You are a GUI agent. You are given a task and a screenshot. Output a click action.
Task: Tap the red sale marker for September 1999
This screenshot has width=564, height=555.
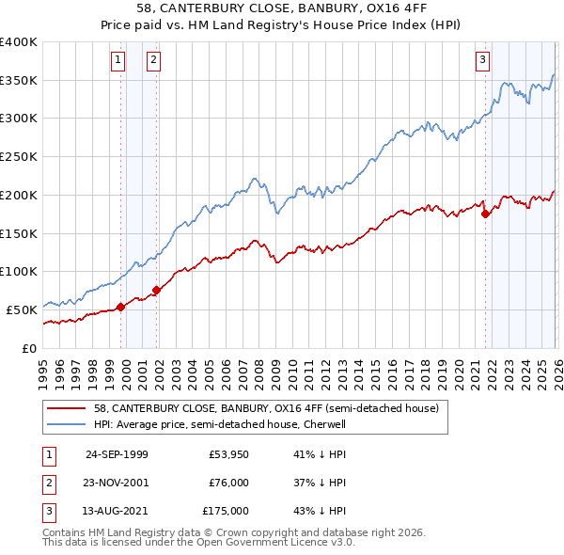(121, 307)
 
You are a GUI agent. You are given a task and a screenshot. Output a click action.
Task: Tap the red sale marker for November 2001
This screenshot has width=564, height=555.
(157, 290)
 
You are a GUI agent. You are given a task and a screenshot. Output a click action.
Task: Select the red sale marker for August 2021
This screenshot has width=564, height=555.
(485, 214)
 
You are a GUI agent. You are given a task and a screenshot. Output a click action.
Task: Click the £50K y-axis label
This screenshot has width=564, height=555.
(22, 309)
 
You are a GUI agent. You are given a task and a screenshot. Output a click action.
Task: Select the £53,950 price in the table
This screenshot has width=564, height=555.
(228, 454)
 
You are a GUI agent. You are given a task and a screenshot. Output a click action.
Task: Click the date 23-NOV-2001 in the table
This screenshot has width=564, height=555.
(117, 483)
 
